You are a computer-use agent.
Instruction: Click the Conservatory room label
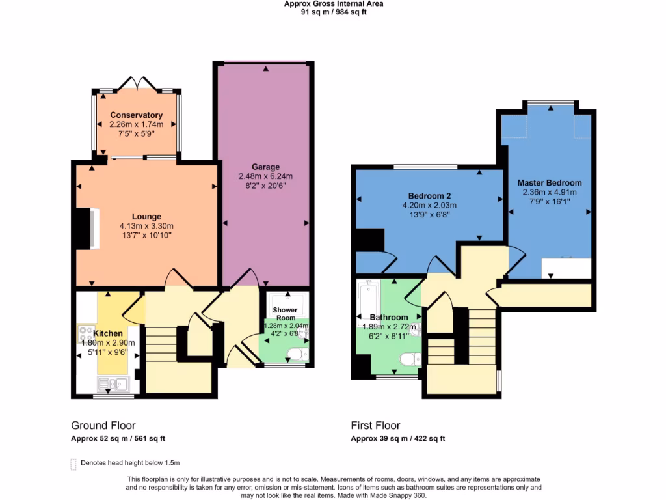tap(136, 115)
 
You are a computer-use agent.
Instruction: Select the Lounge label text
tap(147, 217)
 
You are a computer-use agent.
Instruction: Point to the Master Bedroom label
tap(550, 183)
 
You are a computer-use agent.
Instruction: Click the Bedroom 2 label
tap(429, 196)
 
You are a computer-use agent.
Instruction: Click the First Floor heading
tap(375, 426)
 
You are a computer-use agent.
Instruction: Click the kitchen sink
tap(122, 383)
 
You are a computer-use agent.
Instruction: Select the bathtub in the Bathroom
tap(369, 303)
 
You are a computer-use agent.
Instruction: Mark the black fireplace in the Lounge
tap(83, 228)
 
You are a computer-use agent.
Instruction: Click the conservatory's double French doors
tap(137, 83)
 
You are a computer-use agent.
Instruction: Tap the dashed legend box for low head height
tap(73, 464)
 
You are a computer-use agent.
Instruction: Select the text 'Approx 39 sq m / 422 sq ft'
tap(398, 439)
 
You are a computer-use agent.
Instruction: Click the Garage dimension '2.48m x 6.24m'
tap(265, 176)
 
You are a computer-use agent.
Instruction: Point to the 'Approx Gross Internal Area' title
tap(334, 4)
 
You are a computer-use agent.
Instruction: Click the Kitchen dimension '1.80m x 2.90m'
tap(107, 343)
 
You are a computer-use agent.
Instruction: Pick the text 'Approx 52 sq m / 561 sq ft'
tap(122, 439)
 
